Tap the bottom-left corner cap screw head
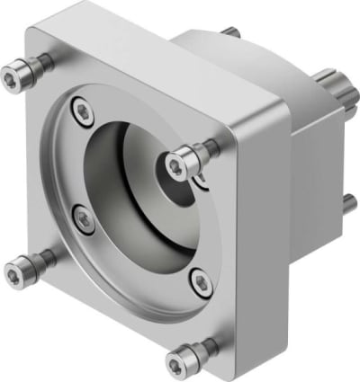pyautogui.click(x=18, y=268)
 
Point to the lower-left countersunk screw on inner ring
pyautogui.click(x=80, y=216)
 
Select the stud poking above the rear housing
pyautogui.click(x=235, y=31)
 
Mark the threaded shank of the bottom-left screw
pyautogui.click(x=40, y=262)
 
